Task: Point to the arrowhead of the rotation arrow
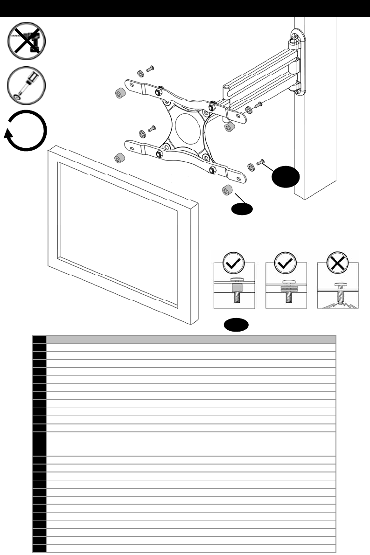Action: coord(8,136)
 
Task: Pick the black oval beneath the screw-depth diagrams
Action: coord(236,325)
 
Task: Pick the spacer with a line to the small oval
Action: coord(227,190)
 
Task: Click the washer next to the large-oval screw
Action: coord(251,166)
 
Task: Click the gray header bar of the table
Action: coord(191,339)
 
